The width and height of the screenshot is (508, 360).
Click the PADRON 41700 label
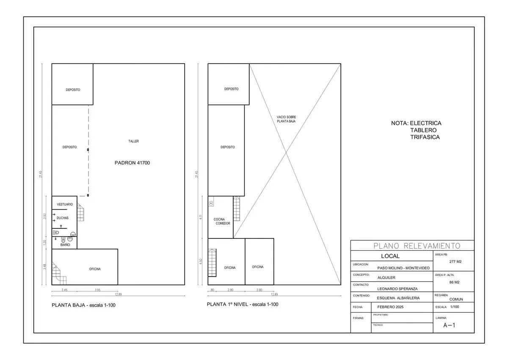click(133, 163)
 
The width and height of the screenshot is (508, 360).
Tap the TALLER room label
click(134, 141)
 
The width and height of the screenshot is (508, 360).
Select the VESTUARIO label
click(65, 205)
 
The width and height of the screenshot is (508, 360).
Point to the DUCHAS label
click(63, 218)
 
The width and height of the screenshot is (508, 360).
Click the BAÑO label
click(65, 245)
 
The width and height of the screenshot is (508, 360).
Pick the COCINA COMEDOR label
click(222, 221)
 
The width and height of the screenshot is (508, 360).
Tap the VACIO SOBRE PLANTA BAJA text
click(286, 119)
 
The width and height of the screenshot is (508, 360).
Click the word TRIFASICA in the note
click(425, 137)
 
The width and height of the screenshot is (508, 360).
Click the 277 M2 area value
click(455, 262)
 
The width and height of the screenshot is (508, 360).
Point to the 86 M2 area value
click(454, 282)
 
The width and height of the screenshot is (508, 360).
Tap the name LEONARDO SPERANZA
click(397, 289)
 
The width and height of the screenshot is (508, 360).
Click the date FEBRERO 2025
click(391, 307)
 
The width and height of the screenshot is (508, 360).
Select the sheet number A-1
click(449, 325)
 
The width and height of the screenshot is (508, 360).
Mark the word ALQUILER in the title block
click(386, 277)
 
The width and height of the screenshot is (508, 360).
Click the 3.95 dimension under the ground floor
click(97, 290)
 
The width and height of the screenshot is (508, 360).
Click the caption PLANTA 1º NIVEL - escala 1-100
click(243, 304)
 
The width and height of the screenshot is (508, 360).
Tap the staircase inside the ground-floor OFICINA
click(59, 274)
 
